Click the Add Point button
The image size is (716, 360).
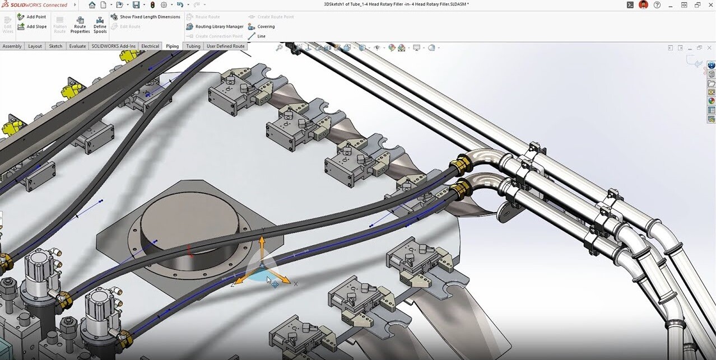pos(32,17)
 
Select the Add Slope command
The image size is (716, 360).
pos(32,26)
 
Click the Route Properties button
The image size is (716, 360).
pos(80,25)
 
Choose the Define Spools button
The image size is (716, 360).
pos(100,25)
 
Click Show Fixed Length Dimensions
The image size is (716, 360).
pos(145,17)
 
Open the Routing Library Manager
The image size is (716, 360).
pos(215,26)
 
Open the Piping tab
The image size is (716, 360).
pos(172,46)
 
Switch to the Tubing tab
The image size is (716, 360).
pos(193,46)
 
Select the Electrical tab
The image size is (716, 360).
pos(150,46)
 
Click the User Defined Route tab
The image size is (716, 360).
pos(225,46)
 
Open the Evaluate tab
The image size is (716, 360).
pos(77,46)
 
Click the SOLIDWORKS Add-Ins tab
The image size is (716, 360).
pos(114,46)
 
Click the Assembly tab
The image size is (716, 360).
pos(12,46)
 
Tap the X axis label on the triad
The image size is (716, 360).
pos(296,284)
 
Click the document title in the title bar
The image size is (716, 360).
pos(396,4)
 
